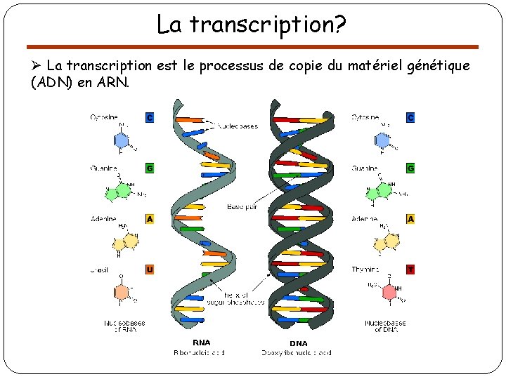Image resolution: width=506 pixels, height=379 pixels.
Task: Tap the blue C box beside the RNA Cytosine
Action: pos(150,117)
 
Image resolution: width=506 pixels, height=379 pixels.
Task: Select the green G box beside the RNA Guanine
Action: pos(150,168)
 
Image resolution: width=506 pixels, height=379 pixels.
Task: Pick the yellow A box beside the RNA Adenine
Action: pos(150,219)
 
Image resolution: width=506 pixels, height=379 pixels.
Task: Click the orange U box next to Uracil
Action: pos(150,269)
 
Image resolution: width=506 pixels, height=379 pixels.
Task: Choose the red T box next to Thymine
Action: pos(410,269)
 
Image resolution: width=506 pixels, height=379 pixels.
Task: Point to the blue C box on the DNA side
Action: pos(410,117)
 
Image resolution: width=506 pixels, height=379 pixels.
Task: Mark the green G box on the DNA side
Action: pos(410,168)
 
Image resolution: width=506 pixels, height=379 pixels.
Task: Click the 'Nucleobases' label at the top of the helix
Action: pos(237,126)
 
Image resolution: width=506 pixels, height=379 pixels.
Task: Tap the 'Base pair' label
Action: pos(242,207)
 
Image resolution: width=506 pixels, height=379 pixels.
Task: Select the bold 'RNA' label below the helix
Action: pos(202,343)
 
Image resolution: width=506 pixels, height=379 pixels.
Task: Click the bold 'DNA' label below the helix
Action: pos(299,343)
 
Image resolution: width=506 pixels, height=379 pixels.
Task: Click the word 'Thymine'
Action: pos(365,269)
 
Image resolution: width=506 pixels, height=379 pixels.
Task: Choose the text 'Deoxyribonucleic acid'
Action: pos(297,352)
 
